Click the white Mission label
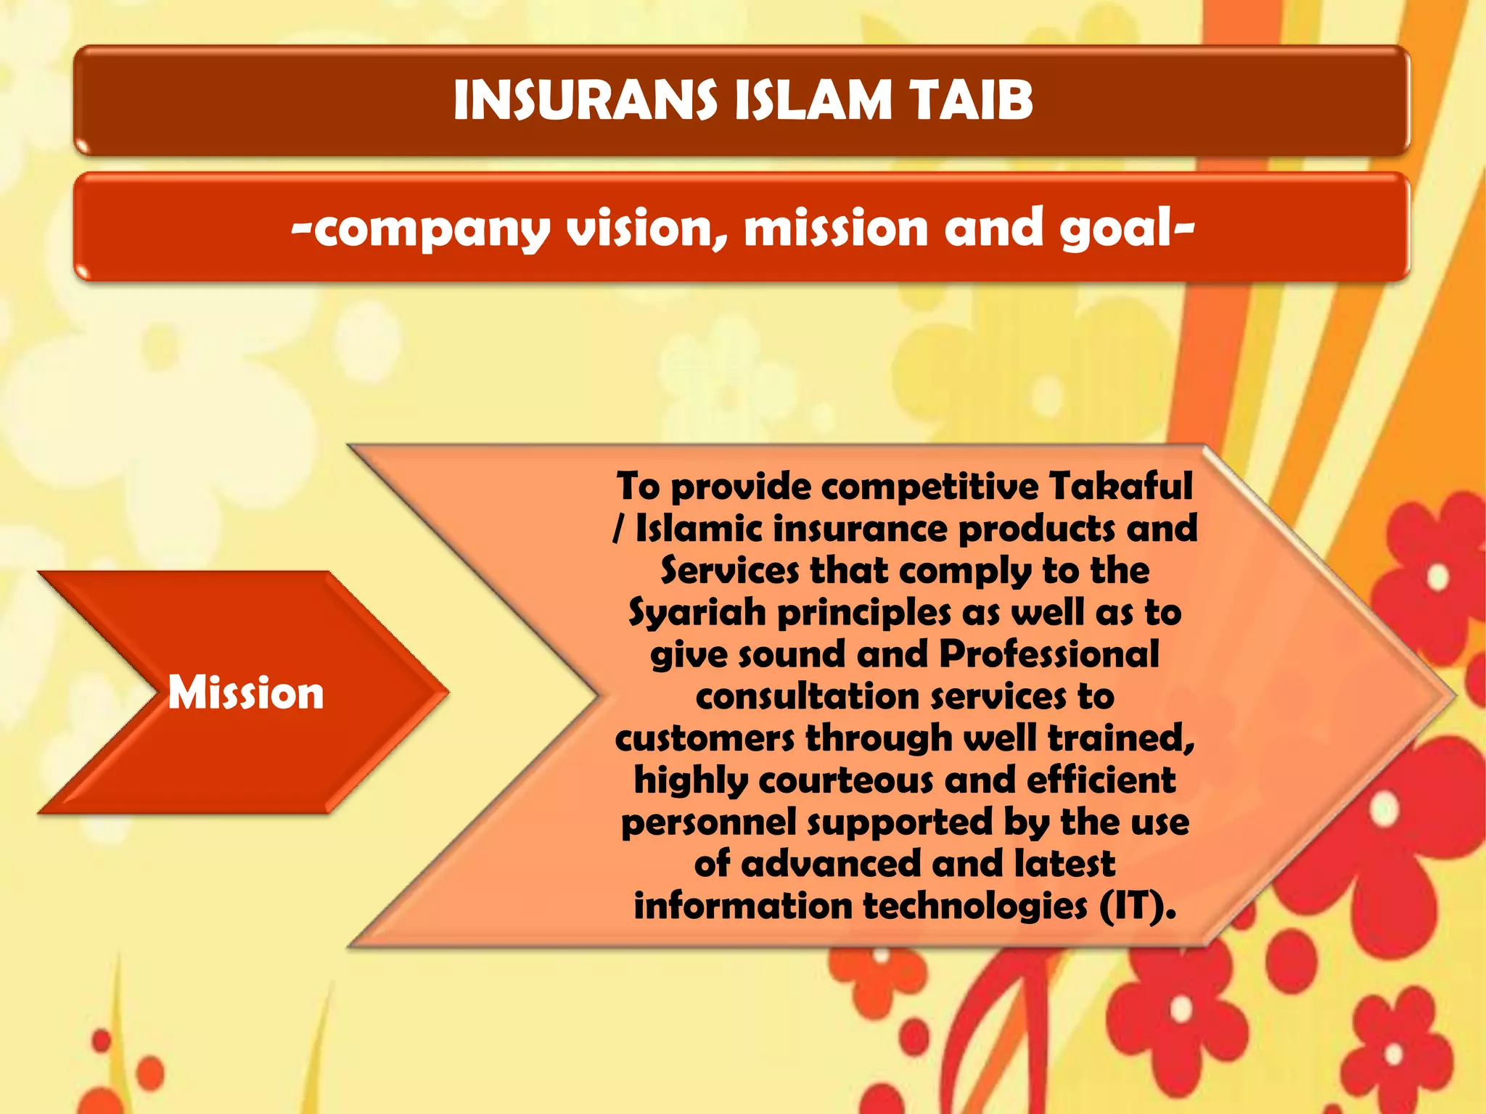tap(246, 693)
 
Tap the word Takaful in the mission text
tap(1120, 486)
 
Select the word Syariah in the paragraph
tap(697, 614)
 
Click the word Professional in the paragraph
tap(1049, 654)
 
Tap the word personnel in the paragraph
tap(709, 823)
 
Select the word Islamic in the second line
tap(699, 529)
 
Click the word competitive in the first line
tap(930, 486)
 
